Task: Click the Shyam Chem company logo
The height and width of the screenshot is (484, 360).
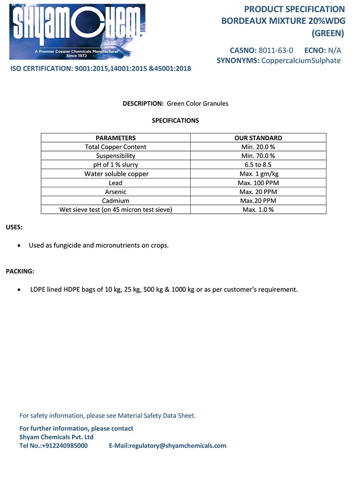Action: [77, 31]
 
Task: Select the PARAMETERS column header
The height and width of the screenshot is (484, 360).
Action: [116, 138]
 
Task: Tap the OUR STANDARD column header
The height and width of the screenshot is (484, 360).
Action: [258, 138]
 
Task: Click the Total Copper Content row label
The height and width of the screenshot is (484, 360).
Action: [116, 147]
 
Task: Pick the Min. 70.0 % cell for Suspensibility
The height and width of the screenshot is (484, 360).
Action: [258, 156]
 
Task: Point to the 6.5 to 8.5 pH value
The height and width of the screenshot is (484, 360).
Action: [258, 165]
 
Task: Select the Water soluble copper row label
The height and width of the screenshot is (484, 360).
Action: [116, 174]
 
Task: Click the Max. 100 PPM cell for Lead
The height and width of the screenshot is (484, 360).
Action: [258, 183]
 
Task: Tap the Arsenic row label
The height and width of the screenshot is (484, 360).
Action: [116, 192]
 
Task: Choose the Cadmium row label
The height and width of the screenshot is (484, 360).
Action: [116, 201]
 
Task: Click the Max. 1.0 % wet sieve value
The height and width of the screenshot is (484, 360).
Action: [258, 210]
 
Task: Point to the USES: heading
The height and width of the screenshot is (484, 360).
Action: [14, 227]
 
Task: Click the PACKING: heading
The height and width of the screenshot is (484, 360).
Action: [20, 271]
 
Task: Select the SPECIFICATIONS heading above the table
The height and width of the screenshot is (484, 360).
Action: [175, 121]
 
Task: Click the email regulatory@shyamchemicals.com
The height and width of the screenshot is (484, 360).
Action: [178, 446]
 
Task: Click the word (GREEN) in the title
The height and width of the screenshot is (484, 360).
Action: [328, 33]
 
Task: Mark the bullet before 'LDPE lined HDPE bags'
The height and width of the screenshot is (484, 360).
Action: [18, 290]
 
